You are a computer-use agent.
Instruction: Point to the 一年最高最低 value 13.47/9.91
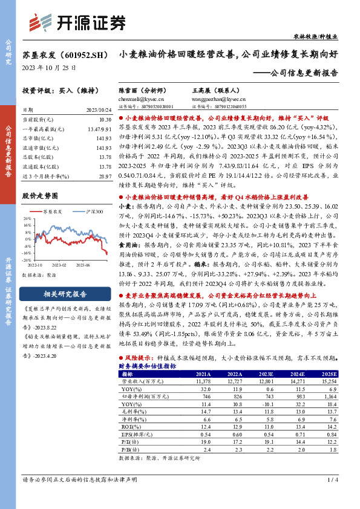100,130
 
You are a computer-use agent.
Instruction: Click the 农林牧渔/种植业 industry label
327,37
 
